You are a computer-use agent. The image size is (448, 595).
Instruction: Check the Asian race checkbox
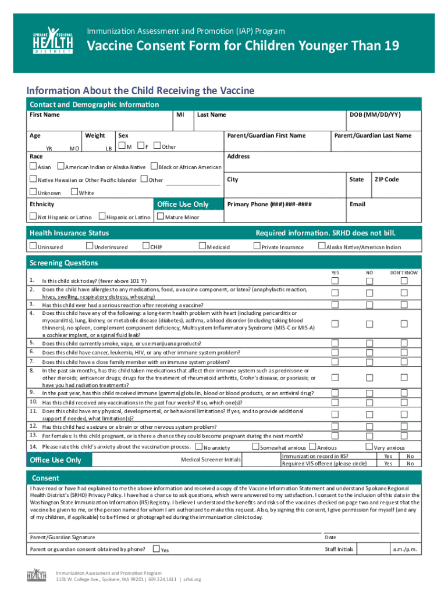click(x=33, y=167)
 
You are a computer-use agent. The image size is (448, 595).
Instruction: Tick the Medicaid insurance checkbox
click(x=202, y=246)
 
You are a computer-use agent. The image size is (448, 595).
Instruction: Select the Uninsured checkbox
click(x=33, y=246)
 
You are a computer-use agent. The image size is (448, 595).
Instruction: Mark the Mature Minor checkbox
click(x=161, y=217)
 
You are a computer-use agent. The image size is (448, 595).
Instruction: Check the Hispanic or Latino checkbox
click(x=102, y=217)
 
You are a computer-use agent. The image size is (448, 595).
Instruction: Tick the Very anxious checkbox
click(x=368, y=447)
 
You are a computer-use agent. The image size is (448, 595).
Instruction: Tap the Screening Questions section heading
click(x=63, y=263)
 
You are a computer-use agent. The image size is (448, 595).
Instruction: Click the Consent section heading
click(x=45, y=478)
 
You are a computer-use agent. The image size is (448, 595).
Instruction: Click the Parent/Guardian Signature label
click(x=62, y=537)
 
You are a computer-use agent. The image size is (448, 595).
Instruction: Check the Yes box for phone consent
click(x=156, y=549)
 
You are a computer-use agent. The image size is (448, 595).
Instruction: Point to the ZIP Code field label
click(x=386, y=180)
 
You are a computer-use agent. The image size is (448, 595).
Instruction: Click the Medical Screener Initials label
click(x=211, y=460)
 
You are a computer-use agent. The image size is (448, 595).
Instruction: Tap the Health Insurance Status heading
click(x=69, y=233)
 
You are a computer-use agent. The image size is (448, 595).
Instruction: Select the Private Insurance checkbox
click(x=257, y=246)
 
